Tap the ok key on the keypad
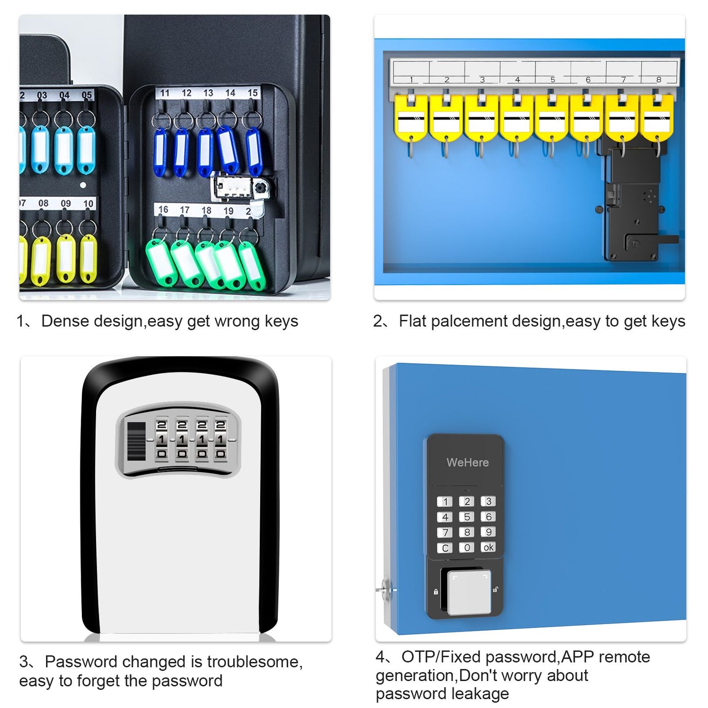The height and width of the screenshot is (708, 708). [488, 547]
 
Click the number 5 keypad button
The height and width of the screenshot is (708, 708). [466, 517]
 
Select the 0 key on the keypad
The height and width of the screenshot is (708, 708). [466, 547]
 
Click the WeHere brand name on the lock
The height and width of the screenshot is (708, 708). [467, 463]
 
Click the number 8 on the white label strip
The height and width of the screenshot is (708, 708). [659, 79]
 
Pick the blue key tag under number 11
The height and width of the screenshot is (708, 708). [160, 149]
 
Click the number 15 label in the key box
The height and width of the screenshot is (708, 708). [252, 93]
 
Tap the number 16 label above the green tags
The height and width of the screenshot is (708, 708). [163, 210]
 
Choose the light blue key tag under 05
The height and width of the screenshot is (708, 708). [86, 149]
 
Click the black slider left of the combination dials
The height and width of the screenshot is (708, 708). [136, 440]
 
